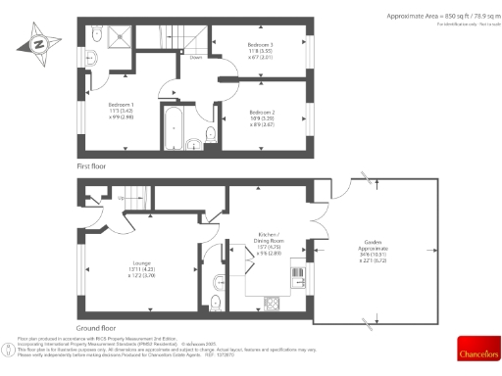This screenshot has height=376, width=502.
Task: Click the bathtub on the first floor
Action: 172,133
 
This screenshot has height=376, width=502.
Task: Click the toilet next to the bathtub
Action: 210,136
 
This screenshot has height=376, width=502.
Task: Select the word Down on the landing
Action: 196,58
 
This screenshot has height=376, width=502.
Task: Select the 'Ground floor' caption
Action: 95,328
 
